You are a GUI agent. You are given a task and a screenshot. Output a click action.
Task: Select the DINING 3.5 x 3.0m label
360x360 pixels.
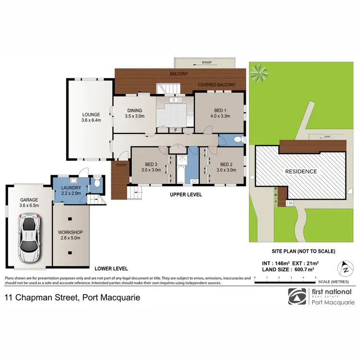click(134, 113)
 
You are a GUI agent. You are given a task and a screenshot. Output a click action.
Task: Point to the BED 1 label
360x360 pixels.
click(219, 113)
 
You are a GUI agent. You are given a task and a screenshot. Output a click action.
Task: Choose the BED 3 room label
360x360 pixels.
click(150, 167)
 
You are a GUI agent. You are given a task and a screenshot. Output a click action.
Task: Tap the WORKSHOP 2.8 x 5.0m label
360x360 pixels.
click(71, 235)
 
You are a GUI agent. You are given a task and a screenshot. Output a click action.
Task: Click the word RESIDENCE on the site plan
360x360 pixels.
click(301, 171)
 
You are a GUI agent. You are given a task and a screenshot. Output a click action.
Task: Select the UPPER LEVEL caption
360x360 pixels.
click(186, 195)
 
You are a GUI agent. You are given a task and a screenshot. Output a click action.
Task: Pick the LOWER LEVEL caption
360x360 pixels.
click(110, 269)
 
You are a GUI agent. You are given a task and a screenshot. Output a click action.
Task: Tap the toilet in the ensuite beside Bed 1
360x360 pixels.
click(239, 140)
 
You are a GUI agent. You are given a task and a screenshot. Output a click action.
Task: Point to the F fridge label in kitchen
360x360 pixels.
click(176, 130)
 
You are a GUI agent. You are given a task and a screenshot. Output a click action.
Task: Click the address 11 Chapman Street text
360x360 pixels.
click(72, 298)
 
